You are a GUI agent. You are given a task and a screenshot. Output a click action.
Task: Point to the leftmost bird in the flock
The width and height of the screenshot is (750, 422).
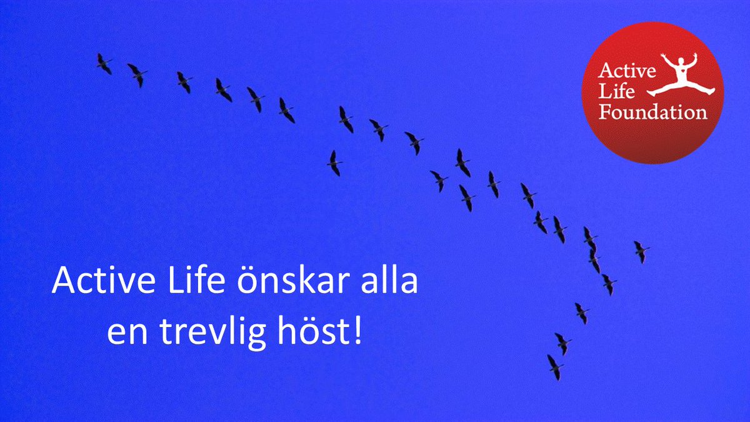[104, 63]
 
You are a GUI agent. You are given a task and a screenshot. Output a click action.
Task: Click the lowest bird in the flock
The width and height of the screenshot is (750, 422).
[554, 367]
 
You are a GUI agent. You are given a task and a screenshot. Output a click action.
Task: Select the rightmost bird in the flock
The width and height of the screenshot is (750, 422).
[641, 251]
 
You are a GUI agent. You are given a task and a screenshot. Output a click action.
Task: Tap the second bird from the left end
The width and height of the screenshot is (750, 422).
[137, 74]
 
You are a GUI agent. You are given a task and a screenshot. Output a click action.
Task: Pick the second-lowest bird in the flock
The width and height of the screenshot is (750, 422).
[562, 343]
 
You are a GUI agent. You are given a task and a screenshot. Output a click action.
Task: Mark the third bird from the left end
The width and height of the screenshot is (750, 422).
[184, 82]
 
